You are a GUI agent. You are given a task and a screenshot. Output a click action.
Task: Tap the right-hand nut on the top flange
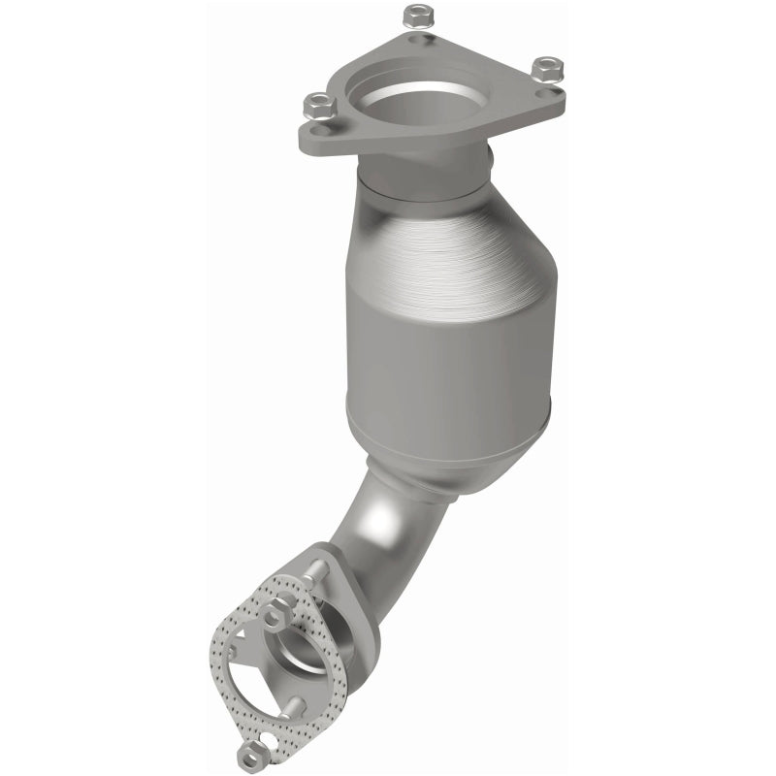547,67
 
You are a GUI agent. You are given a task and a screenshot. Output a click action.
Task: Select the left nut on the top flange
316,102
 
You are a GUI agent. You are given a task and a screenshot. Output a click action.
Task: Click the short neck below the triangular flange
427,175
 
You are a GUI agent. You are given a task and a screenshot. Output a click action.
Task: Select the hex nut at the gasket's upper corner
275,608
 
